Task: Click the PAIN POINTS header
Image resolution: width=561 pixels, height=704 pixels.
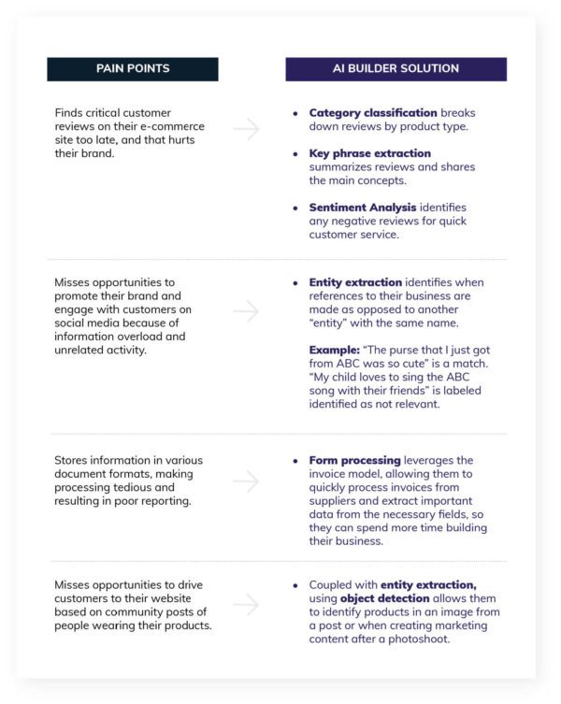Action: tap(132, 69)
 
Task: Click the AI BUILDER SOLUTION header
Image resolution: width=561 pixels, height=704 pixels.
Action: tap(396, 69)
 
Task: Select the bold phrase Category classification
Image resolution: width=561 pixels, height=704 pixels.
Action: tap(373, 113)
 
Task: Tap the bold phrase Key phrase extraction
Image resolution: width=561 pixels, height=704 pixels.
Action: tap(369, 153)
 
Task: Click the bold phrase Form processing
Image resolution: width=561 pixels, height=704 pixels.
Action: tap(354, 461)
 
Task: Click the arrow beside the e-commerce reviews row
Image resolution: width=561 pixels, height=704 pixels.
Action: tap(247, 129)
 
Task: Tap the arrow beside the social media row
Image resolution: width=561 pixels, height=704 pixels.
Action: tap(247, 310)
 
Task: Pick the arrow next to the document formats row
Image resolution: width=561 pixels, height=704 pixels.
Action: tap(247, 481)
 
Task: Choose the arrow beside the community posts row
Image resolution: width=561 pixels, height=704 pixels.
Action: tap(247, 605)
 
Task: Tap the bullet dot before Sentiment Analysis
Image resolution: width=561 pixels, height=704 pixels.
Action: tap(296, 208)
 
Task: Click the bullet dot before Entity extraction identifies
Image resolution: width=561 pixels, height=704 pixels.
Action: tap(296, 282)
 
